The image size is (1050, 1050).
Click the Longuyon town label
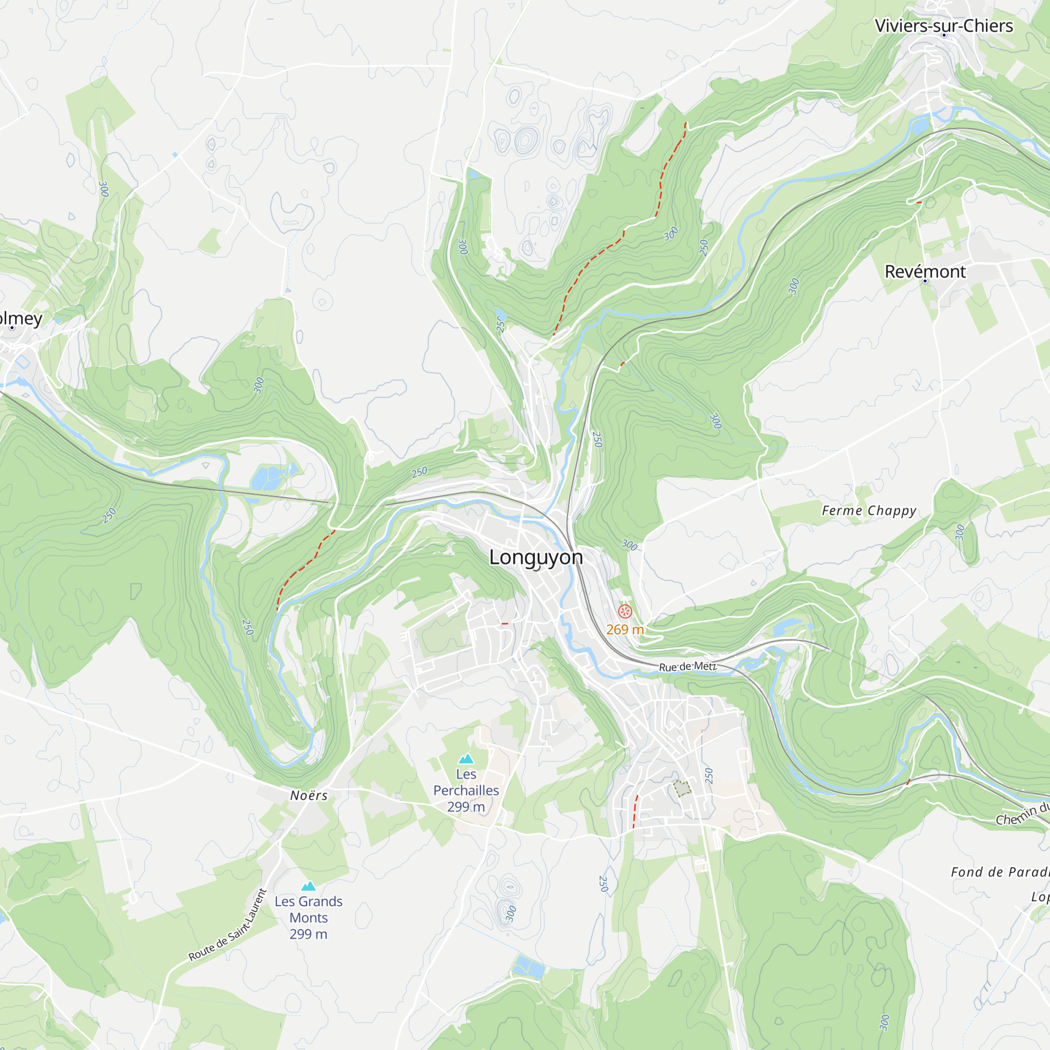coord(536,557)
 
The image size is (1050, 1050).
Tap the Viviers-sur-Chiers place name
coord(943,26)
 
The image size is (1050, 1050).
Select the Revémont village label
coord(925,271)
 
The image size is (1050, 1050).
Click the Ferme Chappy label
coord(868,510)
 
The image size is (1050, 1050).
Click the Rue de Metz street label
coord(688,666)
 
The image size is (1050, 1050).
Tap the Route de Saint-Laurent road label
coord(228,925)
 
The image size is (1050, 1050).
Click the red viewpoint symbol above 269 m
coord(625,612)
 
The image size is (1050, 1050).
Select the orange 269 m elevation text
coord(625,629)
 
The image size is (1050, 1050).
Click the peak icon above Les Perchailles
coord(466,759)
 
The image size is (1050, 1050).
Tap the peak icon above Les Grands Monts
coord(308,886)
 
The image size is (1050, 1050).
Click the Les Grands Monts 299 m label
coord(308,917)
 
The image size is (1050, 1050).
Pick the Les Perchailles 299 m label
coord(466,790)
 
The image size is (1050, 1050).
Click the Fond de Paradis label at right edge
coord(1000,871)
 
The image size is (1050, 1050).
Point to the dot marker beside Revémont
coord(925,281)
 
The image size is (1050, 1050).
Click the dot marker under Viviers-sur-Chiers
coord(944,35)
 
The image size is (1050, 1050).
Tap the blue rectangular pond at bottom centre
coord(529,968)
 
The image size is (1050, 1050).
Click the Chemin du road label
coord(1022,814)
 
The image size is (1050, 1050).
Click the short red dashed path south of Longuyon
coord(635,811)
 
